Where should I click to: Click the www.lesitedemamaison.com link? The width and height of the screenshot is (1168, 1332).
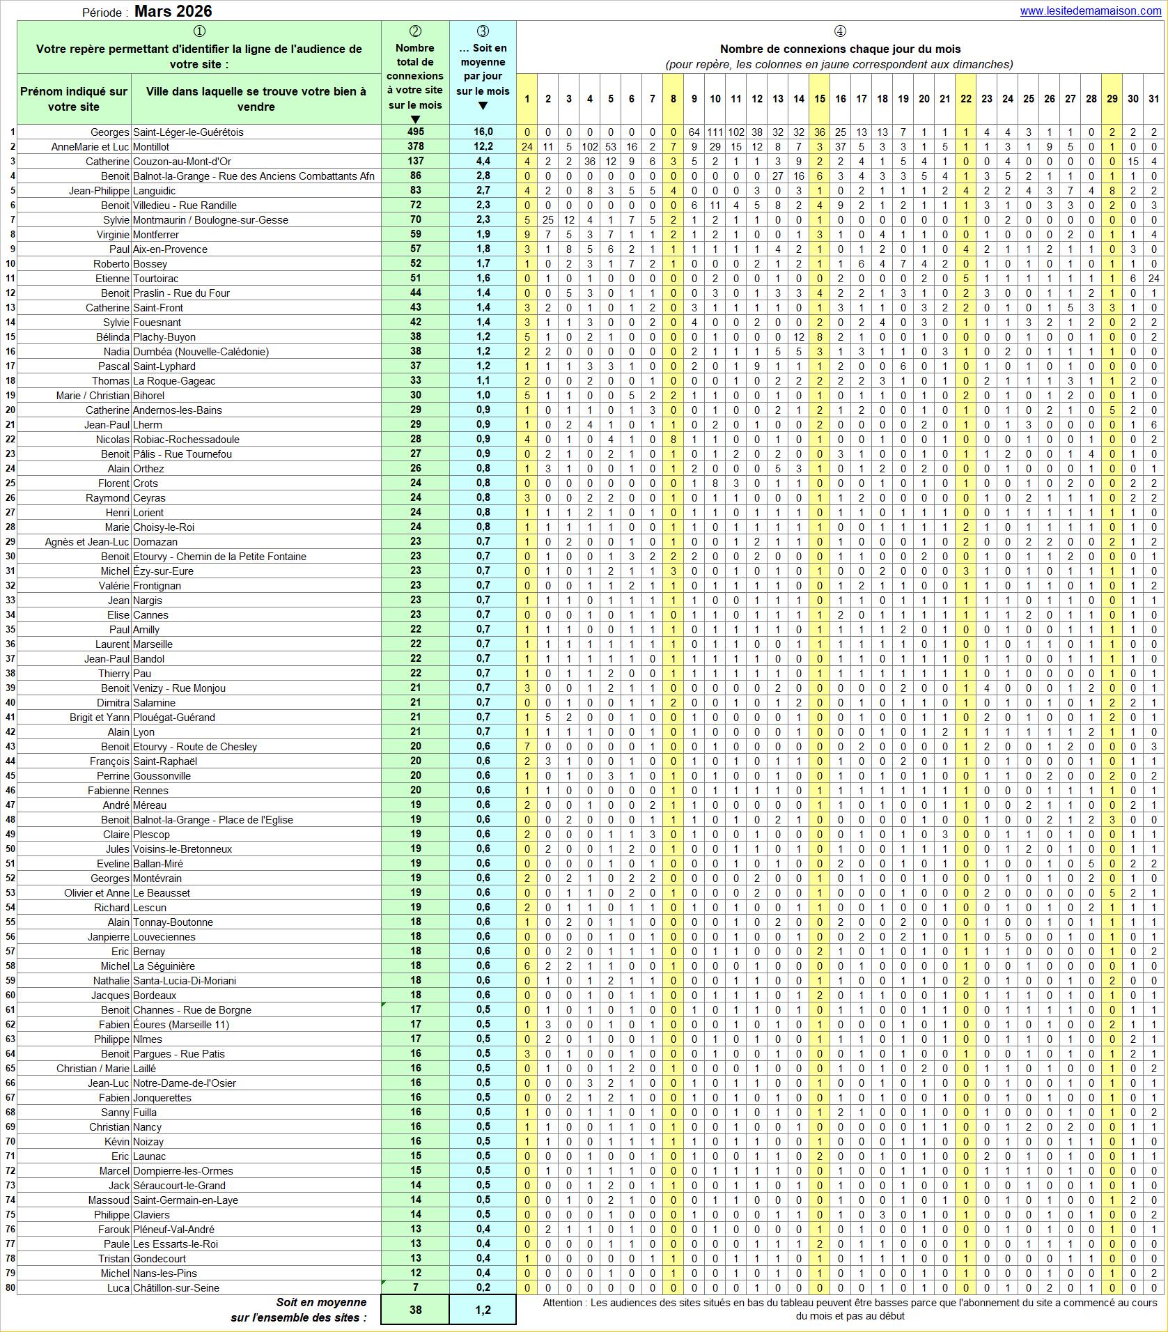click(x=1089, y=11)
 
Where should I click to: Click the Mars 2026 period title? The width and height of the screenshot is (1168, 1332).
click(x=173, y=11)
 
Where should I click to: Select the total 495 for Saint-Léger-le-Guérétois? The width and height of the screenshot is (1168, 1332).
click(x=415, y=132)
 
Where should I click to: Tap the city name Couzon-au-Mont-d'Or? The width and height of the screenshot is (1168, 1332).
click(x=182, y=162)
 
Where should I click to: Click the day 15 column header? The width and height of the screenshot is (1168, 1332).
click(x=820, y=99)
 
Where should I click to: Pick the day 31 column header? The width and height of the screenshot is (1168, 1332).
click(x=1154, y=99)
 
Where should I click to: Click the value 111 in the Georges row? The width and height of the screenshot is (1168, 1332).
click(x=715, y=132)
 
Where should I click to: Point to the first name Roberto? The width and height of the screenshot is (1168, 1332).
click(x=111, y=264)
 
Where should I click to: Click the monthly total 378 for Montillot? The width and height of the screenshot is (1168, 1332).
click(x=415, y=147)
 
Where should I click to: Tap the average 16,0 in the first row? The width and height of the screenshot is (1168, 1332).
click(x=483, y=132)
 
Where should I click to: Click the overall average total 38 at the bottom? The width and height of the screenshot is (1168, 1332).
click(x=415, y=1310)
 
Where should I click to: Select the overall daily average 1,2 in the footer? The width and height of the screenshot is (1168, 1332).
click(x=483, y=1310)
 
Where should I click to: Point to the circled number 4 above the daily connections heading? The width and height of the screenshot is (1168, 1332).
click(x=840, y=31)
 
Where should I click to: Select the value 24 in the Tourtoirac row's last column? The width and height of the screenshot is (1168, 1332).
click(x=1154, y=279)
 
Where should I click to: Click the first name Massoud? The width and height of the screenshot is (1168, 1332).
click(x=109, y=1200)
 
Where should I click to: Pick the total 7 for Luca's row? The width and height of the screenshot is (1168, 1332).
click(x=415, y=1288)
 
